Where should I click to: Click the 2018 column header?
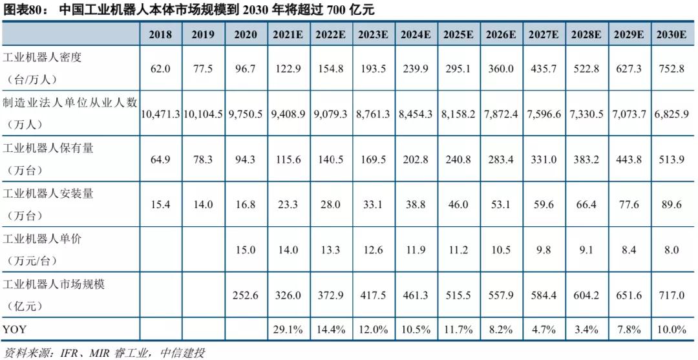point(160,35)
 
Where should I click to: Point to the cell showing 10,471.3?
point(161,114)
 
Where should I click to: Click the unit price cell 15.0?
point(246,250)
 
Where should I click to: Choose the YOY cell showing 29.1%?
point(289,329)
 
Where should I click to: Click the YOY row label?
point(16,329)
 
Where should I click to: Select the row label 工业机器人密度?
point(43,57)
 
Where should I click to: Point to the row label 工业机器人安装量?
point(48,193)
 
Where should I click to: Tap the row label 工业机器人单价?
point(43,238)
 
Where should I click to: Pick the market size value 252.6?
point(246,295)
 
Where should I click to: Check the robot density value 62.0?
point(160,68)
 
